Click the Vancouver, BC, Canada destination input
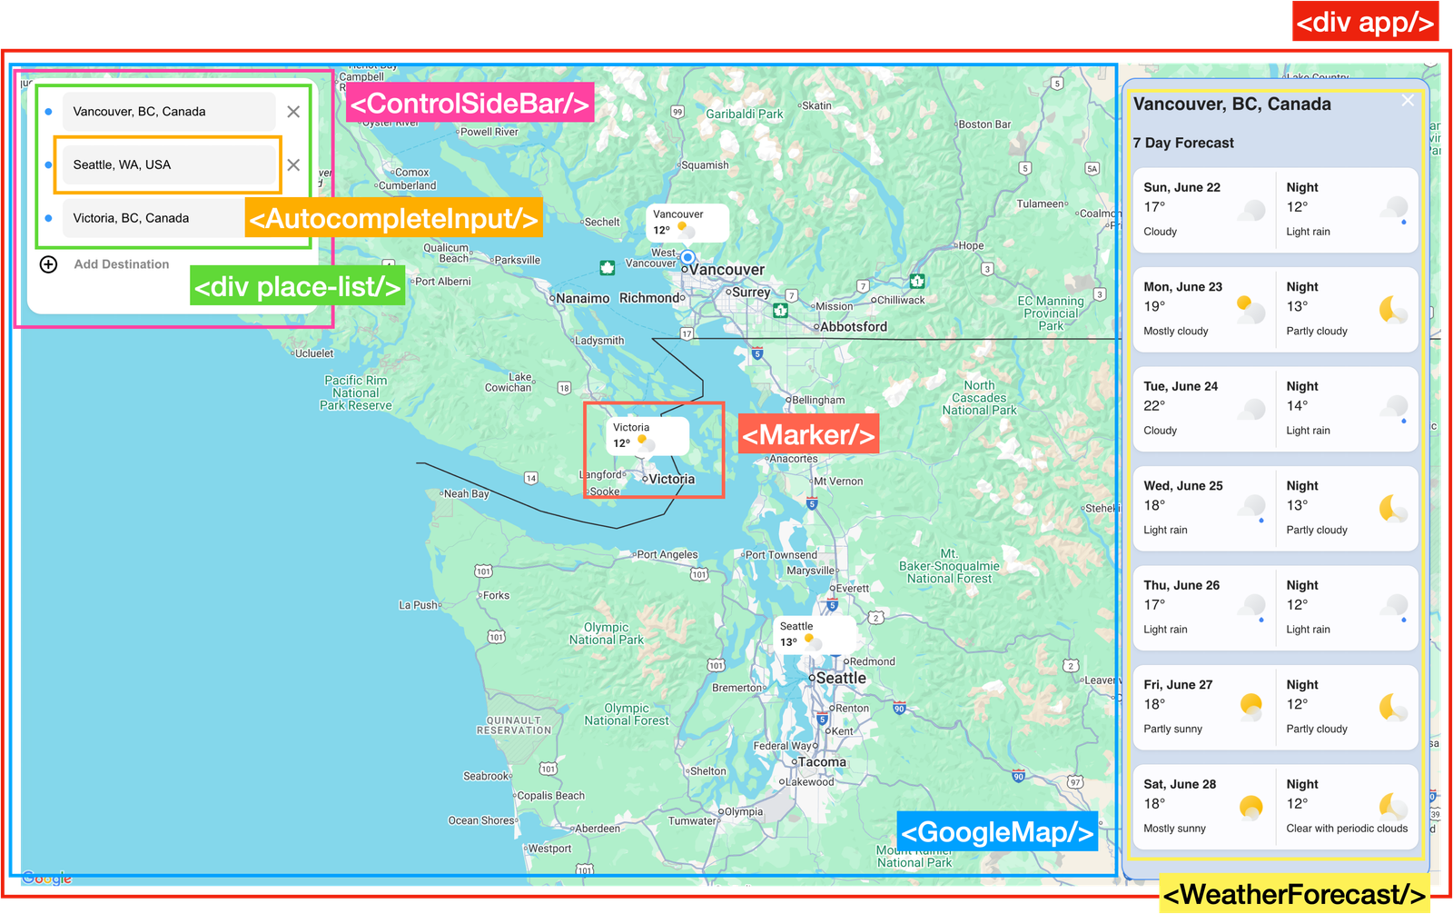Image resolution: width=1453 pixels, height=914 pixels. [x=168, y=112]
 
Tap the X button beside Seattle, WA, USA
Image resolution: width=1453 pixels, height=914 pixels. [x=293, y=164]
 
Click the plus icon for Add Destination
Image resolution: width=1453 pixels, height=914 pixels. [x=49, y=264]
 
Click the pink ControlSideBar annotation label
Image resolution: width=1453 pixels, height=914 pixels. [x=470, y=104]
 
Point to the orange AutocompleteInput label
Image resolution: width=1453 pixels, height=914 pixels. [x=393, y=218]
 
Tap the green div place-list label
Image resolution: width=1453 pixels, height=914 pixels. [x=297, y=287]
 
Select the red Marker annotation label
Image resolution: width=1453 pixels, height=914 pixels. [x=807, y=435]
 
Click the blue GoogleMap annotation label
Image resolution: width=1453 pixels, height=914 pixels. [x=997, y=832]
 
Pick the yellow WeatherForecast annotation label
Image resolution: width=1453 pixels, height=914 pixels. [x=1294, y=894]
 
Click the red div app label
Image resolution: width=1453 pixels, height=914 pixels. [x=1365, y=22]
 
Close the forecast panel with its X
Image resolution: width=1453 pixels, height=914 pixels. [x=1408, y=101]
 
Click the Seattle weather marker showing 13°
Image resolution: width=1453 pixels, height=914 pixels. [x=814, y=634]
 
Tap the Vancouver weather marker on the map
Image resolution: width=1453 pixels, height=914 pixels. [x=688, y=223]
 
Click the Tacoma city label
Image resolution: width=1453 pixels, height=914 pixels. [x=821, y=762]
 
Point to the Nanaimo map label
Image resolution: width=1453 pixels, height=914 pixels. [x=582, y=298]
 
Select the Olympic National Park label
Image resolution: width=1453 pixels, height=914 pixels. [x=606, y=633]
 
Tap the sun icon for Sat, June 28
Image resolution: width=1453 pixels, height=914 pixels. [x=1250, y=806]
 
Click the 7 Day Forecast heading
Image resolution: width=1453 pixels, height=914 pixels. [x=1183, y=143]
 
